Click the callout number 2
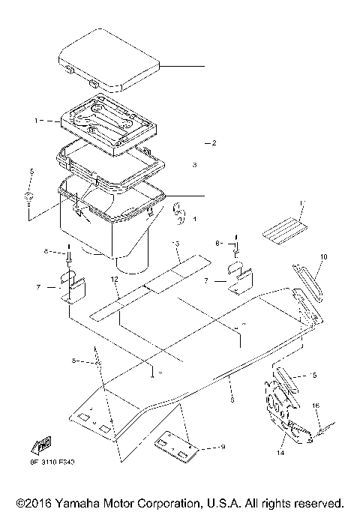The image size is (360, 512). click(x=214, y=142)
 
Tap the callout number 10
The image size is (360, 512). click(x=323, y=256)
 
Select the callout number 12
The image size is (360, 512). click(x=115, y=279)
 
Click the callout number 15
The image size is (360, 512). click(x=313, y=374)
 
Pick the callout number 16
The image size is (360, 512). click(x=316, y=406)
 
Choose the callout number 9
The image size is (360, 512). click(x=222, y=448)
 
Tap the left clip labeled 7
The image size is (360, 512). click(x=73, y=288)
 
